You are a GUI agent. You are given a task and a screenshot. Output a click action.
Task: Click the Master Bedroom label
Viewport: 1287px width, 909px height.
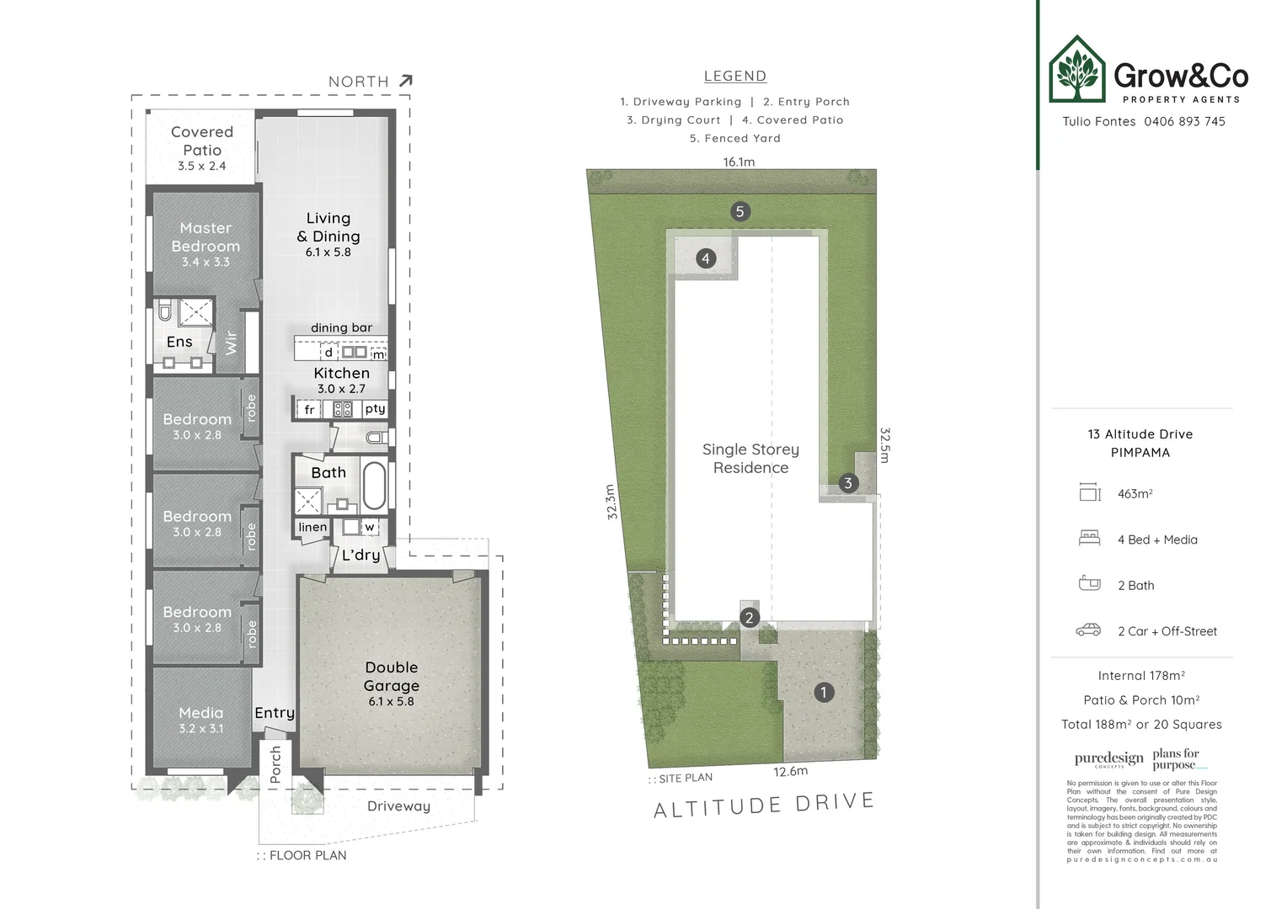coord(206,237)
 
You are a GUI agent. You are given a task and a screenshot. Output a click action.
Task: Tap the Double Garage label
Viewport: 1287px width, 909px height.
coord(391,676)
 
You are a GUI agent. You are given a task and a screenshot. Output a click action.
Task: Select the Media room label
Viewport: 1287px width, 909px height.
coord(200,713)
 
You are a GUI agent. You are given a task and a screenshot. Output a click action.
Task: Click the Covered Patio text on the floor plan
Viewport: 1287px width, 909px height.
coord(202,141)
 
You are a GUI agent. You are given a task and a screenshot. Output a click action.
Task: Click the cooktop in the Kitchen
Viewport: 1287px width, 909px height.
coord(343,410)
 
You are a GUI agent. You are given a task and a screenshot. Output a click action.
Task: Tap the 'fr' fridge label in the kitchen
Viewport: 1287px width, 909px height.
coord(309,410)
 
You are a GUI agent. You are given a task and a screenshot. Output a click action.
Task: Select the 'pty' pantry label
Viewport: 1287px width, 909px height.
coord(375,409)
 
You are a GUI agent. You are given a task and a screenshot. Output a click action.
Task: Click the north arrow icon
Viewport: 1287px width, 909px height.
coord(405,81)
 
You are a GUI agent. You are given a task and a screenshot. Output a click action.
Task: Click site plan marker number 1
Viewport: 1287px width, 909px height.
coord(823,693)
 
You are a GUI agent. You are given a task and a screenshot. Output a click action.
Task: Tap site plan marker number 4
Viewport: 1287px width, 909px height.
coord(706,258)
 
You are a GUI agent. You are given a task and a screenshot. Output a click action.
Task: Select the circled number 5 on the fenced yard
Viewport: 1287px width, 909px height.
coord(740,211)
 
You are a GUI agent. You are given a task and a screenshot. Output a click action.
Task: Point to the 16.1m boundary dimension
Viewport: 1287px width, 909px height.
coord(739,162)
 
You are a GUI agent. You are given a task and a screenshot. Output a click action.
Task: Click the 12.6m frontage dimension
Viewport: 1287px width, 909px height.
coord(790,771)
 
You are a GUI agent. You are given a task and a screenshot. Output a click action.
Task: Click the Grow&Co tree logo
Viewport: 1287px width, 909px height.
coord(1076,70)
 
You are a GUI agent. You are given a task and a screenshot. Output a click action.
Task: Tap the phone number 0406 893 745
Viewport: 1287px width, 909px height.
coord(1184,121)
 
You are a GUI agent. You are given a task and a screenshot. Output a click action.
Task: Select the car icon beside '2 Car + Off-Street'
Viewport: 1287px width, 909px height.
coord(1088,630)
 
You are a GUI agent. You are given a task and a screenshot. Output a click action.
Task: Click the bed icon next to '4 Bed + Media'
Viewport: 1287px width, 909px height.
coord(1089,539)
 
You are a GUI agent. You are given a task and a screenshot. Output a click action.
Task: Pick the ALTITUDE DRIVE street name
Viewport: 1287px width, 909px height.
coord(764,805)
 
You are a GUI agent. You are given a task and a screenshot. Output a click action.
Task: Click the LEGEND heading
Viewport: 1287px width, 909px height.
coord(734,76)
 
